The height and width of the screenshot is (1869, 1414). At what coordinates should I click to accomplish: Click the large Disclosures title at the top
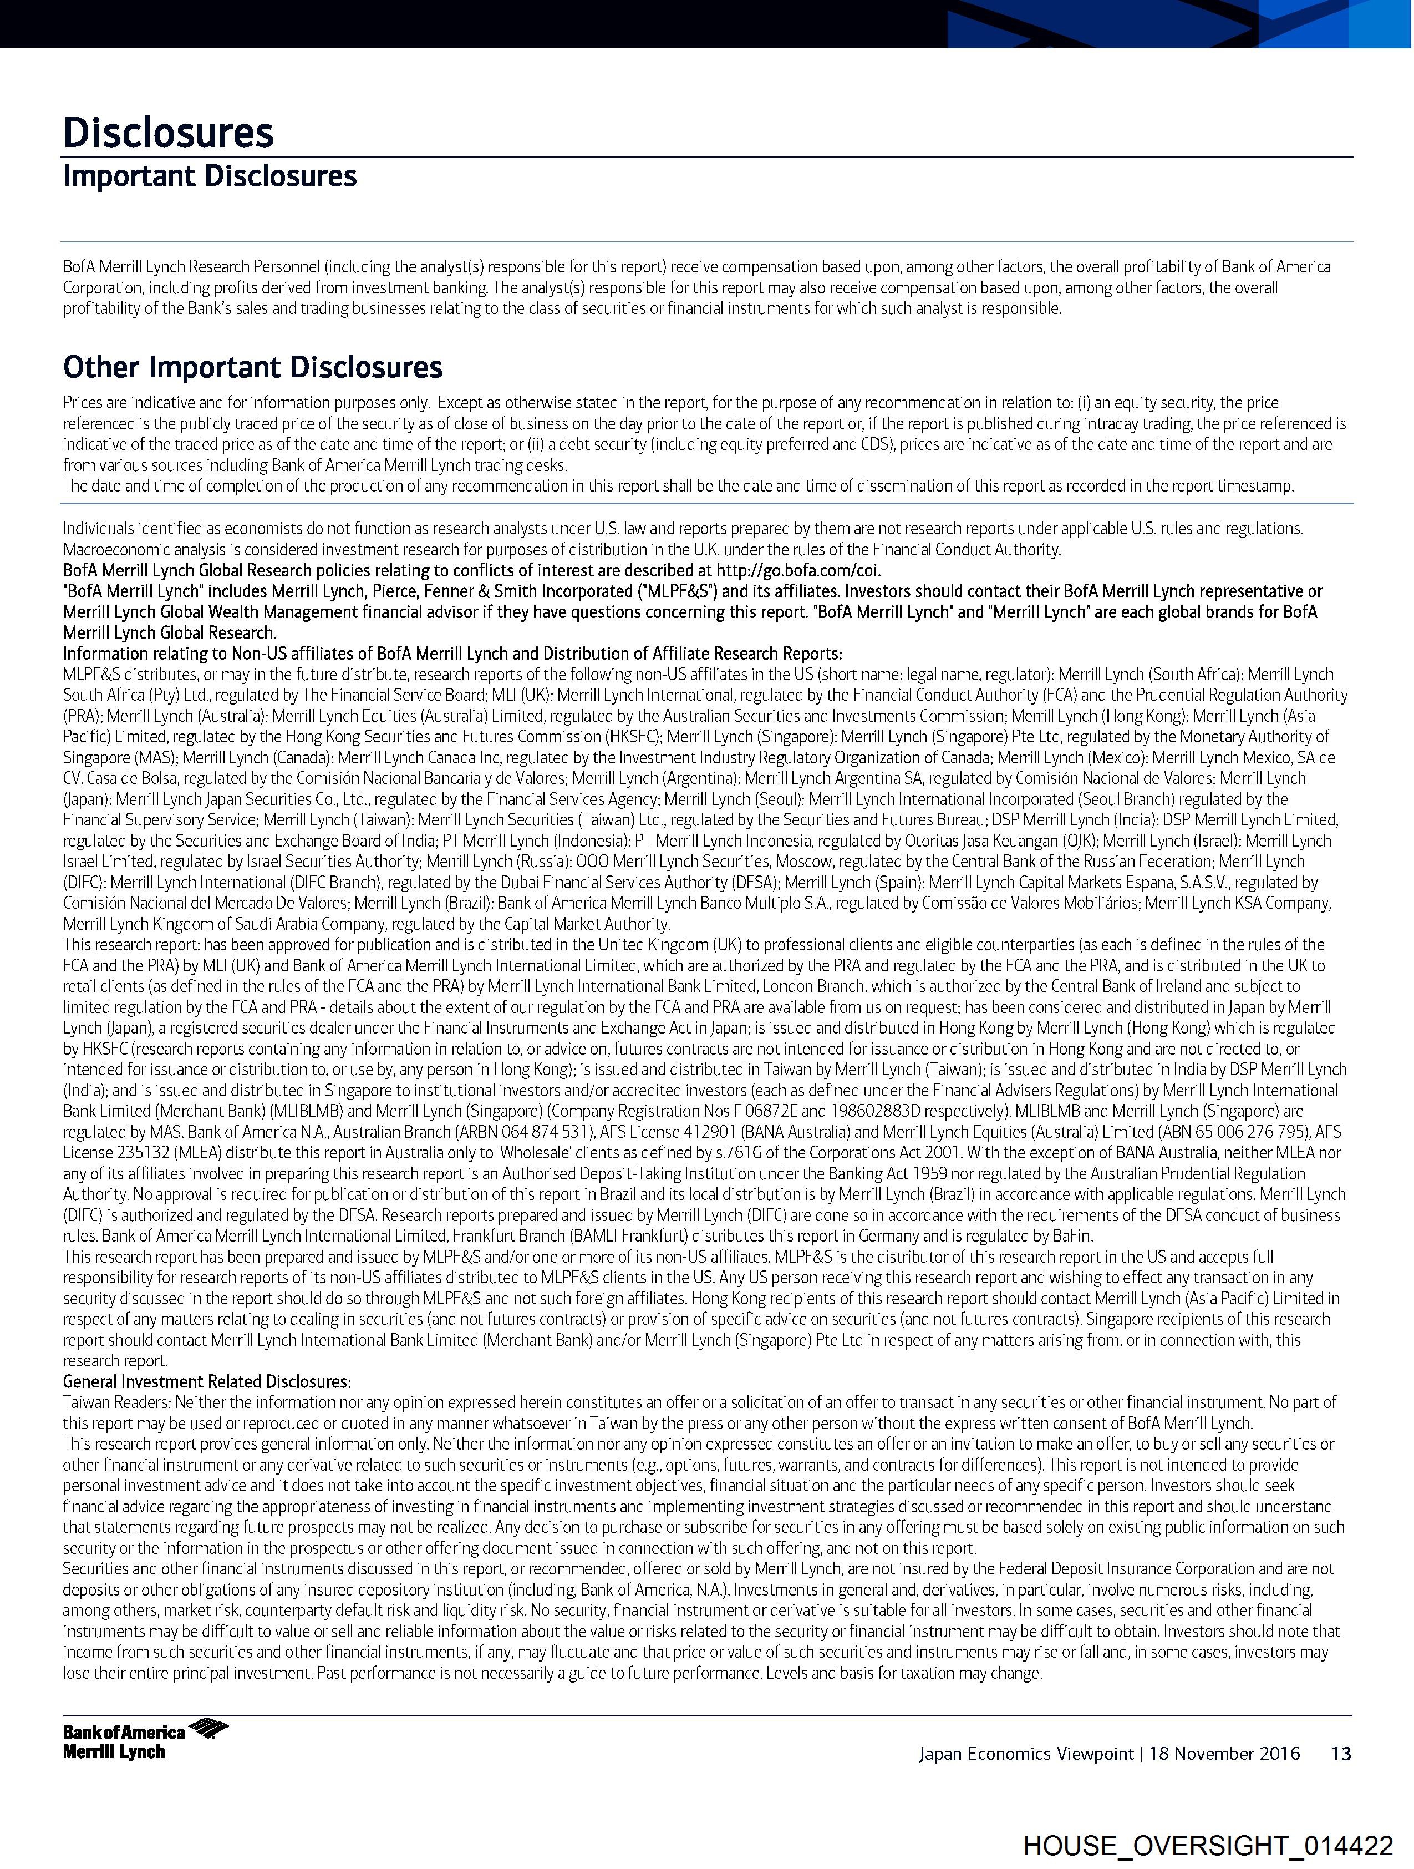click(x=169, y=133)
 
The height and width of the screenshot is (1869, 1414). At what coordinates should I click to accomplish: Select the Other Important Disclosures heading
click(x=252, y=368)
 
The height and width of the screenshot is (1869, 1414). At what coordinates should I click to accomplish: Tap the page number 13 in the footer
click(x=1340, y=1753)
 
